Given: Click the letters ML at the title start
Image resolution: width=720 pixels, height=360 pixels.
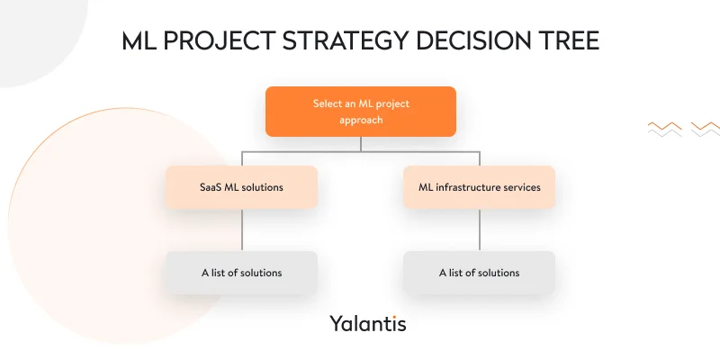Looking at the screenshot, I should (138, 42).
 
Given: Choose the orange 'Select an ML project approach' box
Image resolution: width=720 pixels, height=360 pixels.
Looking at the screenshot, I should (360, 111).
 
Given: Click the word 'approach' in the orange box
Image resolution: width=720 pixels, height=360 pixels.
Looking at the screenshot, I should (360, 120).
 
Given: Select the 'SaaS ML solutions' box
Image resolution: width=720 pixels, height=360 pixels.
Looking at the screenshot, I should (241, 187).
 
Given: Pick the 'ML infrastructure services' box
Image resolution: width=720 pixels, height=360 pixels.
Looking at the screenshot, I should (479, 187).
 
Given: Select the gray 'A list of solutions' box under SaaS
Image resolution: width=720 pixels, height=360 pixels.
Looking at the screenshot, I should (241, 272).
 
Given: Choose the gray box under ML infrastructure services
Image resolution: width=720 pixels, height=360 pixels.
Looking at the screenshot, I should (479, 272).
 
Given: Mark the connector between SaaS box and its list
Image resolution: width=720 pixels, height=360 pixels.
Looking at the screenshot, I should (241, 230).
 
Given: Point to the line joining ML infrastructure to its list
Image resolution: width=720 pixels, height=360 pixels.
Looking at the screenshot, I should (479, 230).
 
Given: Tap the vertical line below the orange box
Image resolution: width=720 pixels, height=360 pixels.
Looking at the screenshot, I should (360, 143).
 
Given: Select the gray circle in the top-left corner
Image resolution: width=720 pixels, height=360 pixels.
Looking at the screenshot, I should (31, 31).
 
